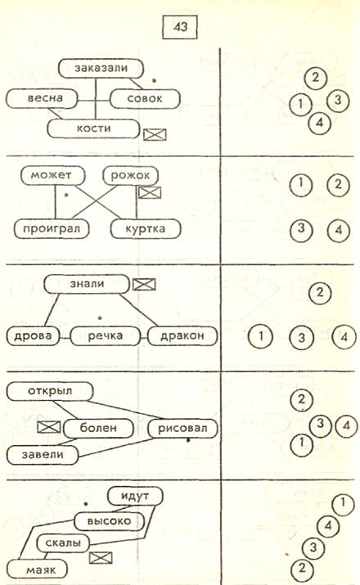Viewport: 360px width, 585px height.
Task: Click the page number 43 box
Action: click(x=180, y=27)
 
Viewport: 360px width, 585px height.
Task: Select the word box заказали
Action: click(x=101, y=68)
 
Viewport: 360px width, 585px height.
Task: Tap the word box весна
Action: click(x=42, y=99)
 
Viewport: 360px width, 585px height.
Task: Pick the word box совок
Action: click(x=145, y=99)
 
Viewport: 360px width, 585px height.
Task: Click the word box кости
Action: click(x=93, y=128)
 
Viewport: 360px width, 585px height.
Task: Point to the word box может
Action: click(x=52, y=176)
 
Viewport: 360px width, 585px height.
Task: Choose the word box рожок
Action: click(x=130, y=176)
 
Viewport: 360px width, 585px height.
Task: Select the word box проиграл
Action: click(x=52, y=228)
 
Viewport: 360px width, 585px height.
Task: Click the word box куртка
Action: click(x=146, y=229)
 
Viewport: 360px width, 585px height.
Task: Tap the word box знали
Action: click(x=87, y=284)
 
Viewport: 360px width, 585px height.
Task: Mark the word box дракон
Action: click(x=182, y=335)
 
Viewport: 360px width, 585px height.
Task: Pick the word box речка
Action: click(x=106, y=335)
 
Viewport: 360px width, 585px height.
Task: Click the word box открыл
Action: click(x=50, y=391)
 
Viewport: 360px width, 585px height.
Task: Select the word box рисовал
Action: click(x=182, y=428)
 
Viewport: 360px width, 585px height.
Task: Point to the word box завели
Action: click(x=43, y=455)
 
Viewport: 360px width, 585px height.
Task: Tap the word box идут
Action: click(x=135, y=496)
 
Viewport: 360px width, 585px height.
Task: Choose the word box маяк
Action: click(x=38, y=569)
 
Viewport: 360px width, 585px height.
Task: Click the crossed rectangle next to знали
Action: click(x=144, y=285)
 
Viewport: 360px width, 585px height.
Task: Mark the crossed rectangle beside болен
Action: click(x=49, y=428)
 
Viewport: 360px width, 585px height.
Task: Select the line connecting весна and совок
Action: click(x=93, y=100)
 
